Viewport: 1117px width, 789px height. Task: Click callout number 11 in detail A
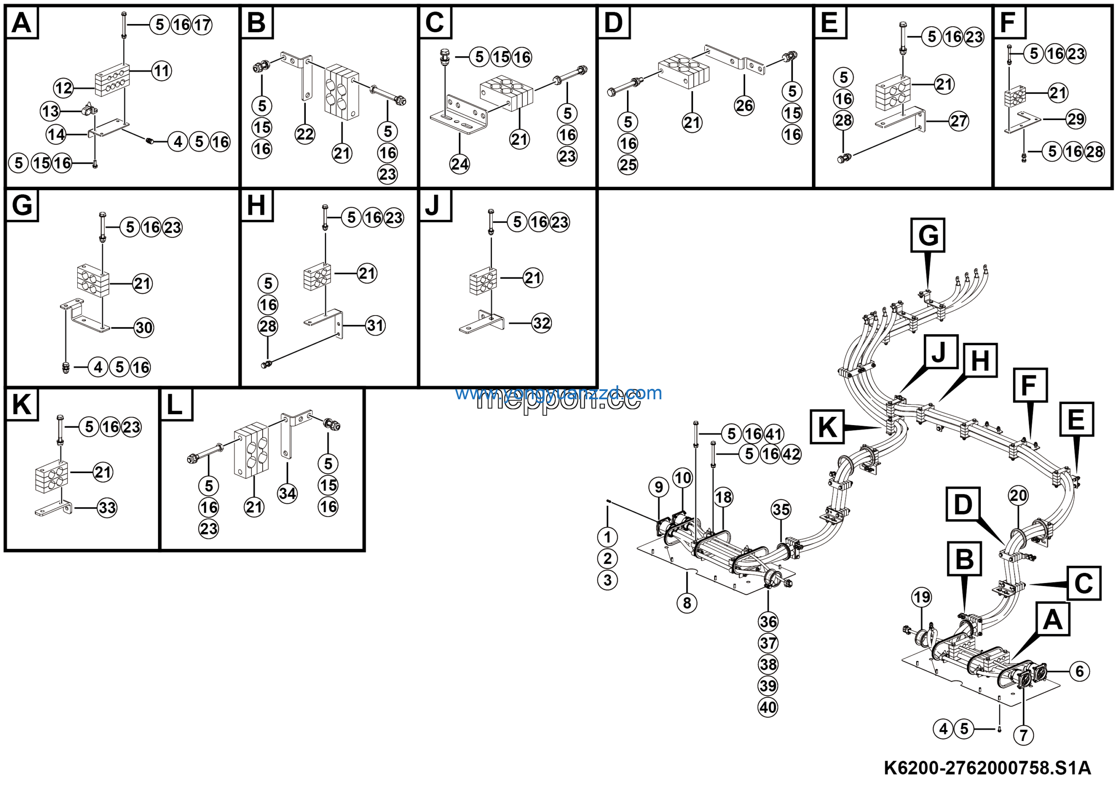pos(161,71)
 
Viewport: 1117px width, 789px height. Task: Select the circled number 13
pos(50,111)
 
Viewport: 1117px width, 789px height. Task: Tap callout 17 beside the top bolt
pos(202,24)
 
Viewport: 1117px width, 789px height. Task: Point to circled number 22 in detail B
pos(305,134)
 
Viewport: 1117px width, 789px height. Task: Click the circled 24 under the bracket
pos(460,164)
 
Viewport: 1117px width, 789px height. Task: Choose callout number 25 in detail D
pos(627,165)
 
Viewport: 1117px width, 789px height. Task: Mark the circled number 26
pos(744,106)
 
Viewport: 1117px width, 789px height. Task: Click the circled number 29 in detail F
pos(1076,119)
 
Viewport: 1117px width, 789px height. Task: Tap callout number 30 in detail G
pos(144,327)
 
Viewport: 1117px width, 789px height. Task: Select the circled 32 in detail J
pos(541,323)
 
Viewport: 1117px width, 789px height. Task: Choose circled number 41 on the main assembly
pos(774,434)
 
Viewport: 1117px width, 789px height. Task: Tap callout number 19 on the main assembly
pos(922,597)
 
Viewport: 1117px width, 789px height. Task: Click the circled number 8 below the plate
pos(687,603)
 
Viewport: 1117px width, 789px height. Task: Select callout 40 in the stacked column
pos(768,707)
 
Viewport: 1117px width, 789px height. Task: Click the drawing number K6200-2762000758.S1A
pos(987,768)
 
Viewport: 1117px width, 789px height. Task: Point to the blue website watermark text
pos(558,393)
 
